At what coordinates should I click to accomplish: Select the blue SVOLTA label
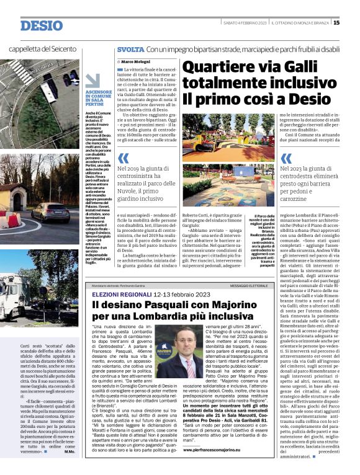click(x=130, y=49)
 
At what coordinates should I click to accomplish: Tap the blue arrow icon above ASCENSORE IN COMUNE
click(x=92, y=80)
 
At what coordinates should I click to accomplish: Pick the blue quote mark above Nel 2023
click(x=286, y=158)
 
